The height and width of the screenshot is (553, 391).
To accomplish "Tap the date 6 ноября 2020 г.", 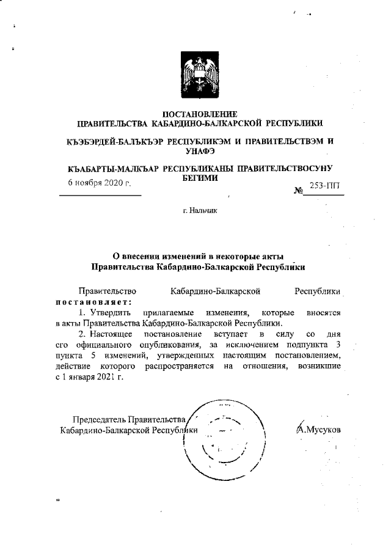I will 99,183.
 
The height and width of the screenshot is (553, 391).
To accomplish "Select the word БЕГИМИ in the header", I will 200,176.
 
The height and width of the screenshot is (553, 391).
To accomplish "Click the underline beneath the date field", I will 100,195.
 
